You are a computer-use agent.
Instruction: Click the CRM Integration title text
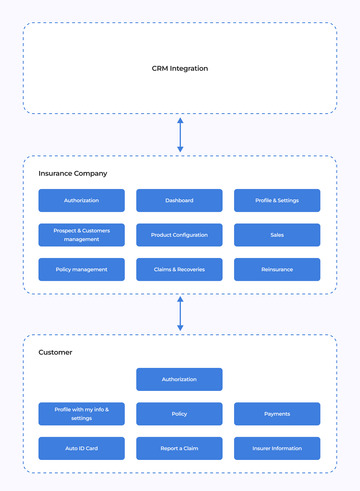pyautogui.click(x=180, y=69)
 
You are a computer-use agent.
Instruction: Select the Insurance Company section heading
pyautogui.click(x=73, y=173)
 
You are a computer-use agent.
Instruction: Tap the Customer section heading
pyautogui.click(x=56, y=352)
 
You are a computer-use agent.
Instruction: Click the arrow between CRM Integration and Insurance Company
pyautogui.click(x=180, y=135)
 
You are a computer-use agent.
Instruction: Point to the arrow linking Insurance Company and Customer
pyautogui.click(x=180, y=313)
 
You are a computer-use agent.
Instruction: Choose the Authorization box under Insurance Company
pyautogui.click(x=81, y=201)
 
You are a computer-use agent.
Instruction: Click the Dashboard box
pyautogui.click(x=180, y=201)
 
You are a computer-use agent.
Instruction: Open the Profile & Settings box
pyautogui.click(x=277, y=201)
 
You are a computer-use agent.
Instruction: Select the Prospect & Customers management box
pyautogui.click(x=81, y=235)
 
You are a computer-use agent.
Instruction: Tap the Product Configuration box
pyautogui.click(x=180, y=235)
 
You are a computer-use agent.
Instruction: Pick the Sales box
pyautogui.click(x=277, y=235)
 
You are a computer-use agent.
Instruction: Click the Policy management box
pyautogui.click(x=81, y=269)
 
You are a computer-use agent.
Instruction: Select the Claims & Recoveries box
pyautogui.click(x=180, y=269)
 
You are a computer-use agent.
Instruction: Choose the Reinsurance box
pyautogui.click(x=277, y=269)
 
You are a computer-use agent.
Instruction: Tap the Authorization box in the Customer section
pyautogui.click(x=180, y=379)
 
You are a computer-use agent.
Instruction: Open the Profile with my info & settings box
pyautogui.click(x=81, y=413)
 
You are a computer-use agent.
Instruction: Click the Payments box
pyautogui.click(x=277, y=413)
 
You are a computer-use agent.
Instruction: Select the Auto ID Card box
pyautogui.click(x=81, y=448)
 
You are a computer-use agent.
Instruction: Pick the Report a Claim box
pyautogui.click(x=180, y=448)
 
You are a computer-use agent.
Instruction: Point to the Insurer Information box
pyautogui.click(x=277, y=448)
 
